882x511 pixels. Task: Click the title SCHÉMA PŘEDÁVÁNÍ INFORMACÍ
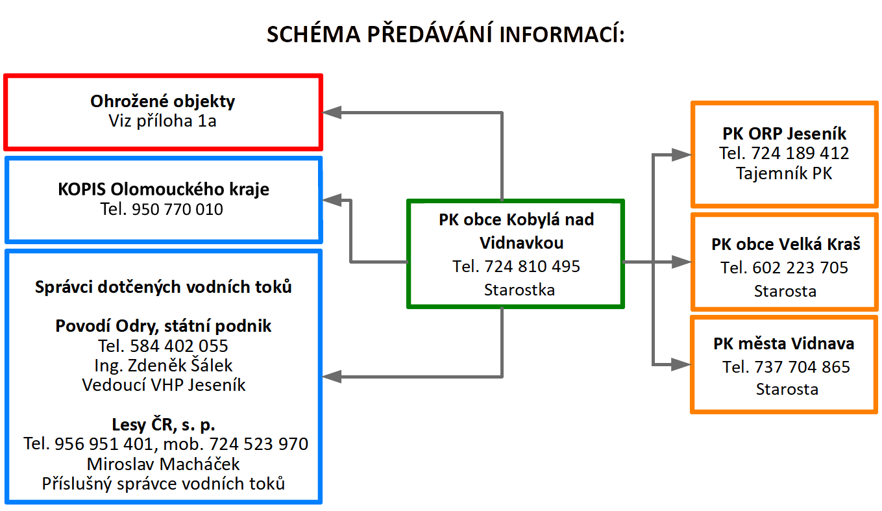coord(445,35)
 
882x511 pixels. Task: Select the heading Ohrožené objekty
coord(163,101)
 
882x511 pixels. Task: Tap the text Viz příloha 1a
coord(163,121)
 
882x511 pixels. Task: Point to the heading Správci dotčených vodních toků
coord(164,286)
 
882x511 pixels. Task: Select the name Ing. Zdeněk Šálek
coord(164,365)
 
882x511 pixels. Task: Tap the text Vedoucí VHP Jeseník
coord(164,384)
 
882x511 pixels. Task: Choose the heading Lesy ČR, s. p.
coord(164,425)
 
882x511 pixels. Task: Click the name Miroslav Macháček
coord(164,464)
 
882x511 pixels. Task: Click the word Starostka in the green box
coord(519,290)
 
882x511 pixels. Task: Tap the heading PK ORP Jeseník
coord(784,134)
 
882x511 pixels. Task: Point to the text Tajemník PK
coord(784,173)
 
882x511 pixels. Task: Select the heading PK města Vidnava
coord(784,343)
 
